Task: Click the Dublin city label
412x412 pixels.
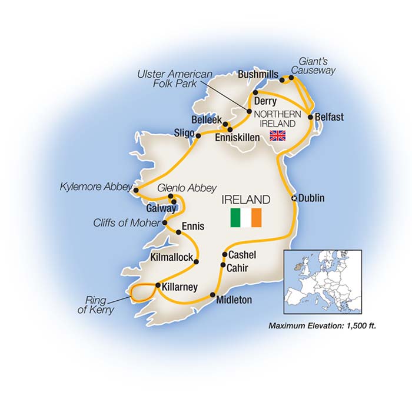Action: (x=311, y=198)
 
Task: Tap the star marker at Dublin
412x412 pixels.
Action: (x=294, y=199)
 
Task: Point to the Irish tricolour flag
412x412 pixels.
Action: (x=246, y=217)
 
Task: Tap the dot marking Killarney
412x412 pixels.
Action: (x=157, y=286)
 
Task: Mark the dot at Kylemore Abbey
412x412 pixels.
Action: (x=137, y=190)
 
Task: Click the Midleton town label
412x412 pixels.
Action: (x=234, y=300)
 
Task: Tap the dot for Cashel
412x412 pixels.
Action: (x=224, y=255)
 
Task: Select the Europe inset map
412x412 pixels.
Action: (x=323, y=281)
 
